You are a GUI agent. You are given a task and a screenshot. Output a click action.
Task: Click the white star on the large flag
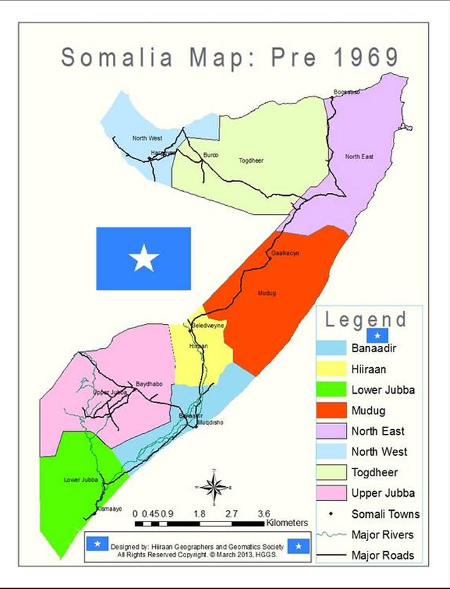[x=144, y=259]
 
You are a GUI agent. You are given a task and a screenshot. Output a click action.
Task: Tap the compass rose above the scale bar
[x=214, y=487]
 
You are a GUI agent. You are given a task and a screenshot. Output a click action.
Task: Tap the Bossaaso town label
[x=346, y=92]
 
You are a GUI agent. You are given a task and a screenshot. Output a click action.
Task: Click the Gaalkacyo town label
[x=285, y=252]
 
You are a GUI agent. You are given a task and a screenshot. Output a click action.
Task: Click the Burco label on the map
[x=210, y=155]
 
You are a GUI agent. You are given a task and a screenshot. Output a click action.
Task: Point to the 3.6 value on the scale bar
[x=264, y=514]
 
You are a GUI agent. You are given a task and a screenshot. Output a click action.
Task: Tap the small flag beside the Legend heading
[x=377, y=335]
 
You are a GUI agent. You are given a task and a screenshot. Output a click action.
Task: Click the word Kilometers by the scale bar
[x=287, y=523]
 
